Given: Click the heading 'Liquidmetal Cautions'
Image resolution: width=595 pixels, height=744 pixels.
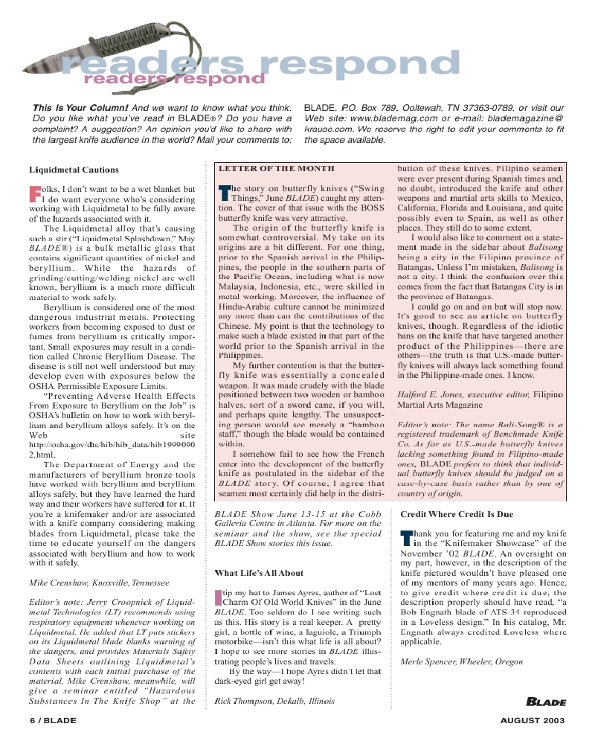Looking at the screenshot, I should point(74,170).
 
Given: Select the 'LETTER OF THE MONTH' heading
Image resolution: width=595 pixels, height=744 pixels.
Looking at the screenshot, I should point(276,169).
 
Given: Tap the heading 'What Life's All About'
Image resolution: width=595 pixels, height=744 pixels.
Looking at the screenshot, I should point(259,573).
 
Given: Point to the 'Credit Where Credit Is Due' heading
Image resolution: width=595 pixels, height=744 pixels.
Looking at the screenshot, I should point(457,514).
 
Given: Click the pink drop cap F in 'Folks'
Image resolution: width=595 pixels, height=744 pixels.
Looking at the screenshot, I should point(34,194).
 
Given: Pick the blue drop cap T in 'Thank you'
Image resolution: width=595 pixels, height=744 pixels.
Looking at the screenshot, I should point(406,538).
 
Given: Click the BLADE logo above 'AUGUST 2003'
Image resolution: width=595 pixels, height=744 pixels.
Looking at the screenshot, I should point(547,702).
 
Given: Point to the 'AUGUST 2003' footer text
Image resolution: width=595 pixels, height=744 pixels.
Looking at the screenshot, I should point(533,720).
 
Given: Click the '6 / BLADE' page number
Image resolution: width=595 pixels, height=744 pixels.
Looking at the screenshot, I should point(53,720).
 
